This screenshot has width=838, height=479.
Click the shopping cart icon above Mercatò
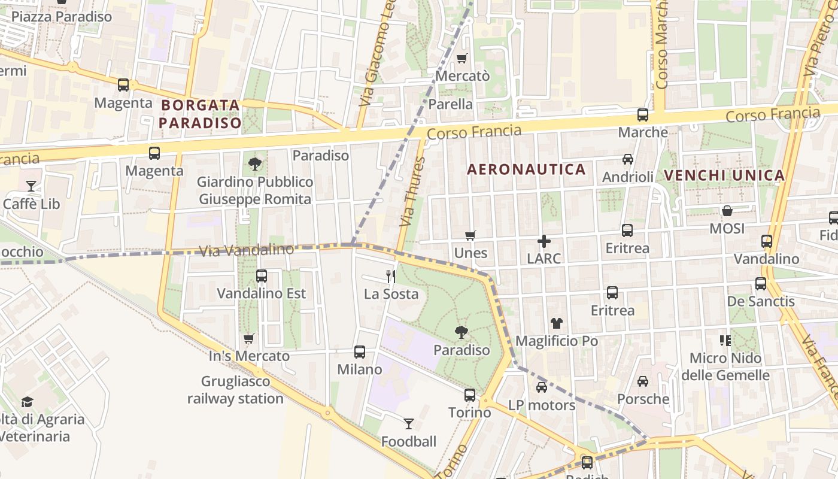pyautogui.click(x=461, y=59)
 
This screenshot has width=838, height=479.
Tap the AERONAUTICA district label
pyautogui.click(x=526, y=169)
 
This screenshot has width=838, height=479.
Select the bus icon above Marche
pyautogui.click(x=643, y=115)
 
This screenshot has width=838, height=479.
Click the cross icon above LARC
pyautogui.click(x=544, y=241)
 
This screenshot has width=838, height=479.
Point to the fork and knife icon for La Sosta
pyautogui.click(x=391, y=276)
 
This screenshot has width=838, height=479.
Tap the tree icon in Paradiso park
pyautogui.click(x=461, y=332)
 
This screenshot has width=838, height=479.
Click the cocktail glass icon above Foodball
pyautogui.click(x=409, y=424)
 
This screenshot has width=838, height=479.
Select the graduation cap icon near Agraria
pyautogui.click(x=27, y=402)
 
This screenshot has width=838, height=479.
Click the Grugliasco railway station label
pyautogui.click(x=235, y=390)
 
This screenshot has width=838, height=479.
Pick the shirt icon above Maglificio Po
pyautogui.click(x=557, y=323)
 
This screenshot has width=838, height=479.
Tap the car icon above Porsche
pyautogui.click(x=643, y=381)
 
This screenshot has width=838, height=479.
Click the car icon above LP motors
pyautogui.click(x=542, y=387)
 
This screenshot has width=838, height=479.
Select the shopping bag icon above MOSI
pyautogui.click(x=727, y=211)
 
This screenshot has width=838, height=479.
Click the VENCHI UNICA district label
pyautogui.click(x=724, y=175)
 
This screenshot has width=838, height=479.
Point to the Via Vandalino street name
pyautogui.click(x=246, y=250)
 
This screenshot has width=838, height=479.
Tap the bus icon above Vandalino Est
pyautogui.click(x=262, y=276)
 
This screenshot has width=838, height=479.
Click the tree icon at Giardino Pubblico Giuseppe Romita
pyautogui.click(x=255, y=163)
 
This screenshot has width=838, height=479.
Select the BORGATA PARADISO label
pyautogui.click(x=201, y=114)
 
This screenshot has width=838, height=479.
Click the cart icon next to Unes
pyautogui.click(x=470, y=236)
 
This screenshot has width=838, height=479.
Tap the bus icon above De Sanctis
pyautogui.click(x=761, y=284)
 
